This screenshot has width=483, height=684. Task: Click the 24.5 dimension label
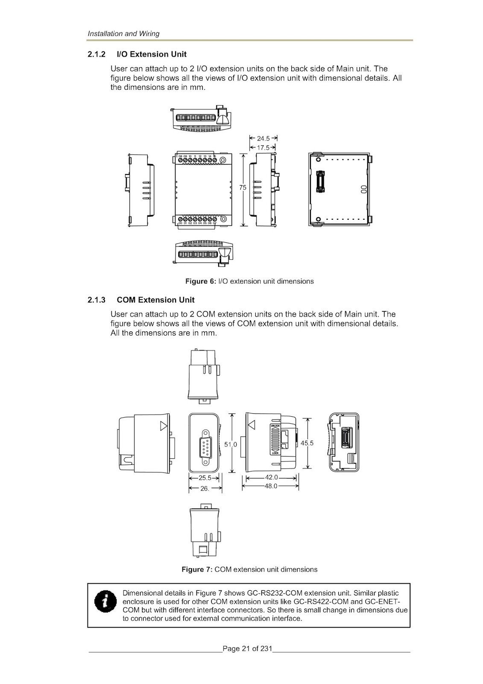[263, 139]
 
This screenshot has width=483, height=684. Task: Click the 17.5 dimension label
[263, 147]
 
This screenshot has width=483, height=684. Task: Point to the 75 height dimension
[243, 188]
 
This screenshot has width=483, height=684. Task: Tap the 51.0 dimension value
[231, 444]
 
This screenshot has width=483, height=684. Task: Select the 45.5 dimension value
[307, 443]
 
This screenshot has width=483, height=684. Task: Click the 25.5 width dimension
[204, 478]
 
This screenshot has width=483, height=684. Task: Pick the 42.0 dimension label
[272, 478]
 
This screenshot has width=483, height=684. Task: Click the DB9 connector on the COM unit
[204, 446]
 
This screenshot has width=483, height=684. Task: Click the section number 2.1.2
[97, 54]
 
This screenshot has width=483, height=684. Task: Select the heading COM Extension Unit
[155, 300]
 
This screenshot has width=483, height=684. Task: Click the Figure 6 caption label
[201, 281]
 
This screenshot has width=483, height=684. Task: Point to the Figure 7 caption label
[197, 569]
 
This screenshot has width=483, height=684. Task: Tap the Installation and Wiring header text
[123, 33]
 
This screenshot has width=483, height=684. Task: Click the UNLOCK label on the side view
[275, 426]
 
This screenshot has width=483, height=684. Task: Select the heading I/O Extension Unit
[152, 54]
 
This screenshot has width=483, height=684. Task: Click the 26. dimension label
[205, 488]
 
